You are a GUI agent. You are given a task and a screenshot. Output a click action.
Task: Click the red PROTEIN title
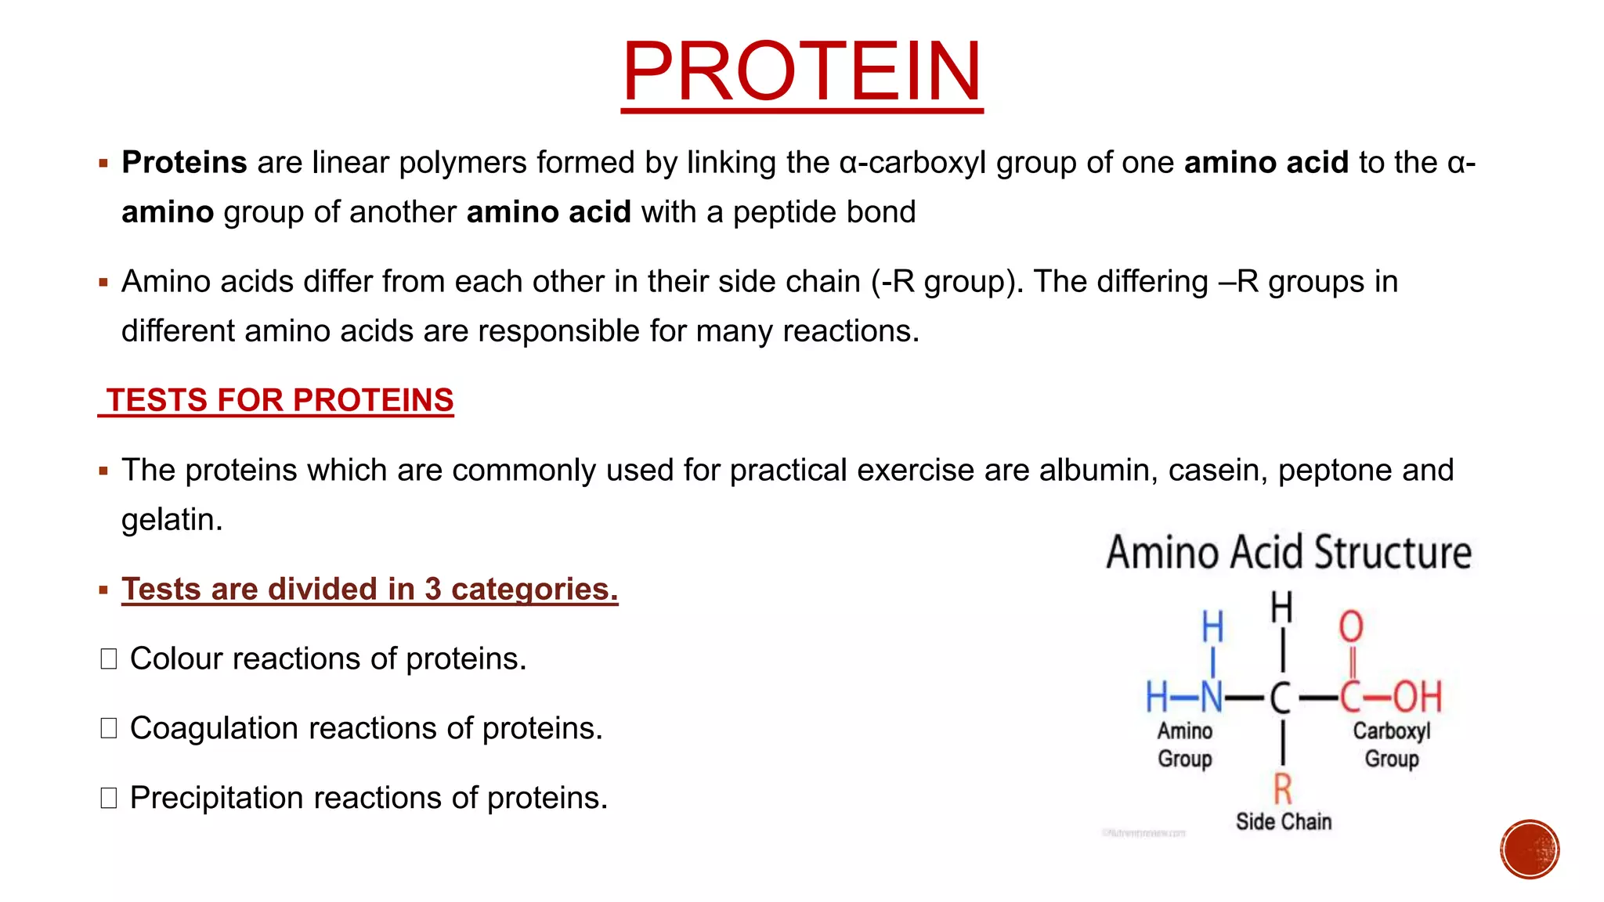(801, 72)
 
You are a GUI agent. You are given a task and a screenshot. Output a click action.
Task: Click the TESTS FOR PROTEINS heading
(280, 400)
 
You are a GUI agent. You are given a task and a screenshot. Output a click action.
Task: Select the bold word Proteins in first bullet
(184, 163)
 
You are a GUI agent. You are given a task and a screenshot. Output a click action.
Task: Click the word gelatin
(172, 520)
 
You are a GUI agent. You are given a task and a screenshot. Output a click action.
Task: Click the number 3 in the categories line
(433, 590)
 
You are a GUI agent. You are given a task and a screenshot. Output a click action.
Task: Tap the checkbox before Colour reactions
(109, 659)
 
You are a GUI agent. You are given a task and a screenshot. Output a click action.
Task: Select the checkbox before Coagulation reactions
(109, 729)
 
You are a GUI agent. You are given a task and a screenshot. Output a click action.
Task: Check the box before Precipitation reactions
(109, 799)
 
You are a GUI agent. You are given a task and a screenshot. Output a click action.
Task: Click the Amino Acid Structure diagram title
(1288, 552)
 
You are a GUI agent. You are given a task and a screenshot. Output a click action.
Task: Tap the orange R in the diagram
(1282, 788)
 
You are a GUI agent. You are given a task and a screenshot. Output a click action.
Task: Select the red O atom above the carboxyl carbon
(1351, 627)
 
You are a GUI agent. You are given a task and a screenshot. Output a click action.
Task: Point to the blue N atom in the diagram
(1211, 697)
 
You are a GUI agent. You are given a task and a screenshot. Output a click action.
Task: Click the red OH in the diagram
(1417, 697)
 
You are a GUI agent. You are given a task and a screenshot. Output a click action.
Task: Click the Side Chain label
(1284, 821)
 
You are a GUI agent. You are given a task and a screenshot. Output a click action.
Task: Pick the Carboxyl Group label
(1392, 745)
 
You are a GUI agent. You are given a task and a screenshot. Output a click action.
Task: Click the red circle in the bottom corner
(1530, 850)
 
